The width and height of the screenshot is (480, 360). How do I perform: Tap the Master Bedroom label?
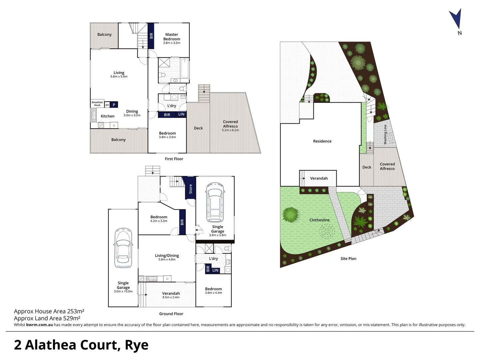click(172, 37)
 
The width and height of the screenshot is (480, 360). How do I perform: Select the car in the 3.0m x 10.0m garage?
click(123, 248)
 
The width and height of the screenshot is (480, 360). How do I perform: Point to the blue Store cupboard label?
click(191, 189)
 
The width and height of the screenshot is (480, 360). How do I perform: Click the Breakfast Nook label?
click(97, 104)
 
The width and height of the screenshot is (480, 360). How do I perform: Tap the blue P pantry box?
click(114, 105)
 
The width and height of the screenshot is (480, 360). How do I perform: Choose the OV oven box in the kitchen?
click(107, 105)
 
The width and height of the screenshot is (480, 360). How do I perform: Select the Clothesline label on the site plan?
click(319, 220)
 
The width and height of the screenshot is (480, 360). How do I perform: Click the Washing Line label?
click(385, 134)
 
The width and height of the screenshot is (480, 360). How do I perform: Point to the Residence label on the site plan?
click(322, 141)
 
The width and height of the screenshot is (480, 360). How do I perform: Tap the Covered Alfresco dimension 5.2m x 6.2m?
click(230, 130)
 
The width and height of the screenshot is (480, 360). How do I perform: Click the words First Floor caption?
click(174, 159)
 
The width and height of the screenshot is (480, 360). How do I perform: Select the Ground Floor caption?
click(171, 314)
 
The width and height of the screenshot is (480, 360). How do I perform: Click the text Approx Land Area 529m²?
click(47, 318)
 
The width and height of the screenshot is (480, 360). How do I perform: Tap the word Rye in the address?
click(137, 345)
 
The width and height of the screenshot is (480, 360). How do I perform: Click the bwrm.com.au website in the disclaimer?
click(39, 325)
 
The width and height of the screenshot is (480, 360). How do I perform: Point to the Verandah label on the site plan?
click(319, 178)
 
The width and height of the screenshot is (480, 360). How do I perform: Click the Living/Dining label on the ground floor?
click(167, 256)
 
